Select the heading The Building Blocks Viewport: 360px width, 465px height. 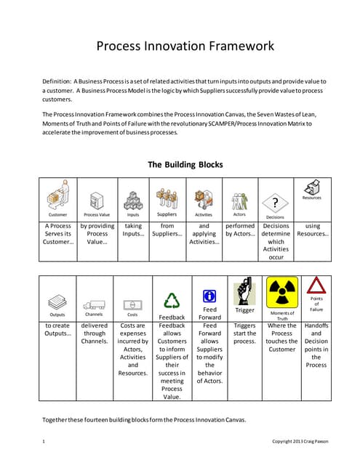[185, 164]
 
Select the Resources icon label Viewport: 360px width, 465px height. [311, 198]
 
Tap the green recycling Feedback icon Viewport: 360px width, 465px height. [172, 301]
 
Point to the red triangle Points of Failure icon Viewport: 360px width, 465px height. [316, 286]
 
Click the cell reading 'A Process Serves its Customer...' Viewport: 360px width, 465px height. [57, 234]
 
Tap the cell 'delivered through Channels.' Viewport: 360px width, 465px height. [95, 334]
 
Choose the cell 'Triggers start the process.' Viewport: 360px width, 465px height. [245, 334]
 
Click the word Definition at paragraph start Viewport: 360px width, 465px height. [57, 82]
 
